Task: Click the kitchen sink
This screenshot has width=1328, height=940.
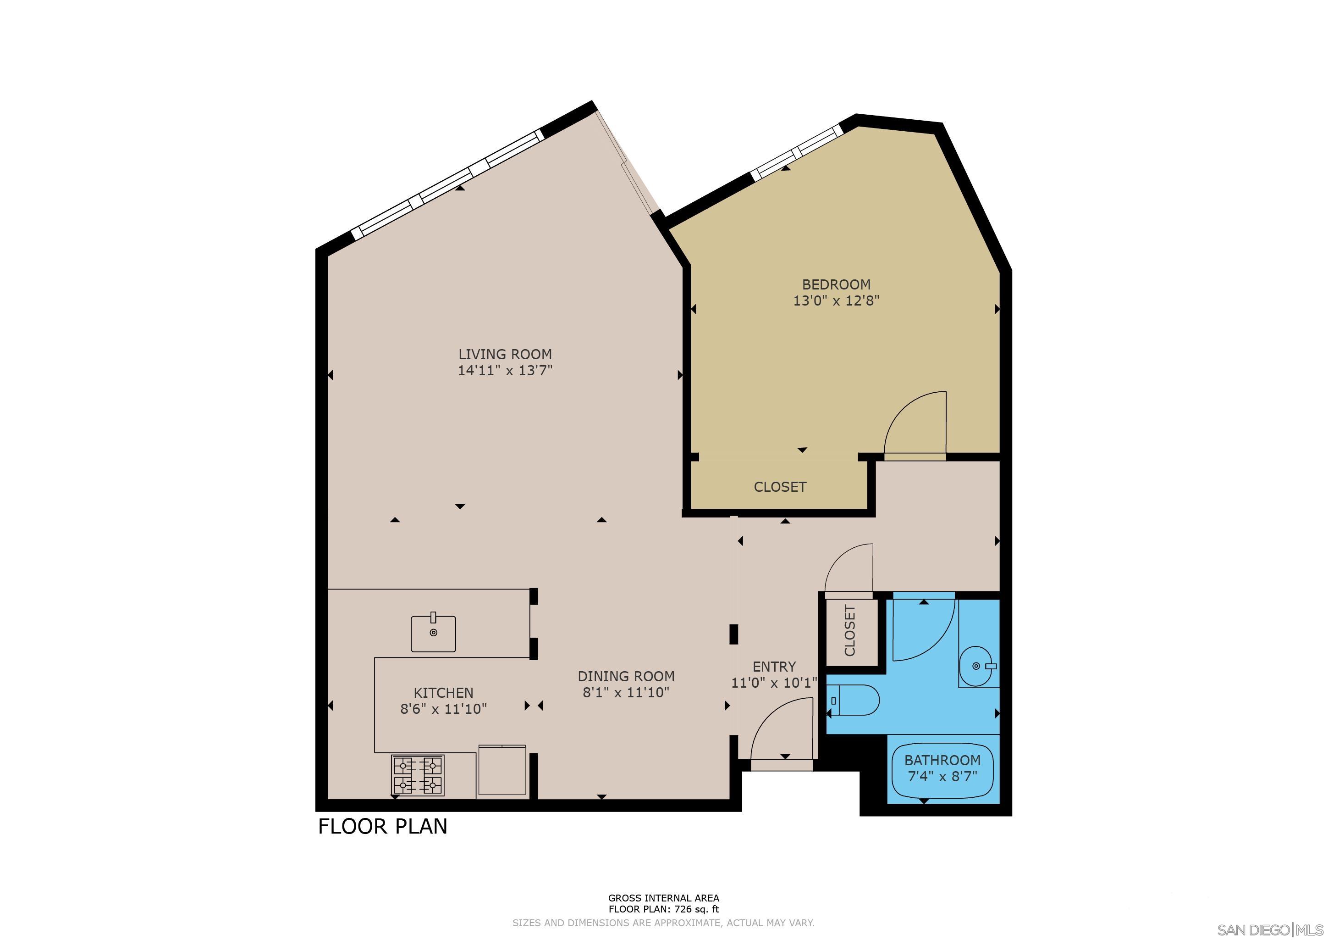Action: [433, 634]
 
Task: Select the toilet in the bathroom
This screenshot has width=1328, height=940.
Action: [854, 701]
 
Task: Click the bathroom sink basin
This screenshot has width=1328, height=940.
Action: [976, 666]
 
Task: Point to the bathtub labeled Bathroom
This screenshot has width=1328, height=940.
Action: [942, 770]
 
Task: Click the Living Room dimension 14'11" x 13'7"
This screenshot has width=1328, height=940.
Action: [505, 370]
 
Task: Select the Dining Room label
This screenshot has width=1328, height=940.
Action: [626, 676]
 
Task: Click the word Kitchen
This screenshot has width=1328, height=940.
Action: [443, 692]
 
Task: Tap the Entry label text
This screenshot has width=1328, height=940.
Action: [774, 667]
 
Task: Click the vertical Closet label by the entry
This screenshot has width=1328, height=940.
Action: [850, 631]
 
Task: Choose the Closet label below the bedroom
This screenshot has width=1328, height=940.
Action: [780, 487]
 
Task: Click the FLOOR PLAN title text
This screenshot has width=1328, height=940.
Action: [382, 827]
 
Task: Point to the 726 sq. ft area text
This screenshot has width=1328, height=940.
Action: [663, 909]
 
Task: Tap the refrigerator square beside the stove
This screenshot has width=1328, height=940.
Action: [501, 772]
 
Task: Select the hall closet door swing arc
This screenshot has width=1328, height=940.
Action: [849, 570]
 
